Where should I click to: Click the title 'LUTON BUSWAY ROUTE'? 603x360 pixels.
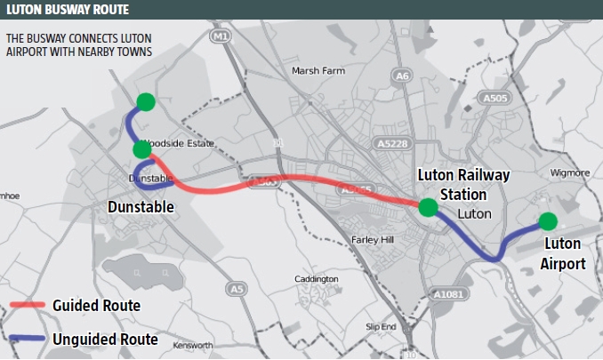click(x=66, y=10)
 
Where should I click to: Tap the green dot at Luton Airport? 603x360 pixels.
click(x=547, y=220)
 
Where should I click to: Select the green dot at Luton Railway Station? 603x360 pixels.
click(x=428, y=208)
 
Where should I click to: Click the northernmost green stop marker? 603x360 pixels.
click(x=146, y=101)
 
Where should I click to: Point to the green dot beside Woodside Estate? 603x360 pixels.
click(x=141, y=149)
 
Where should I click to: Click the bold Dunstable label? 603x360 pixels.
click(x=140, y=207)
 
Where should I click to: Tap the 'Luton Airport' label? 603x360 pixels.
click(x=564, y=253)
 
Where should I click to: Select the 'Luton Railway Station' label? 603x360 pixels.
click(x=464, y=185)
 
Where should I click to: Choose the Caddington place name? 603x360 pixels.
click(x=316, y=279)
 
